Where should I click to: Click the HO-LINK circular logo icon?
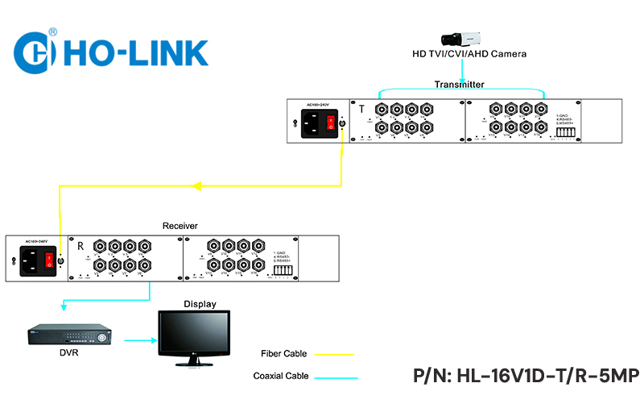(x=35, y=51)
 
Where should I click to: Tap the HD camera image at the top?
(x=461, y=38)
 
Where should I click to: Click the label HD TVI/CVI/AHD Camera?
(x=469, y=54)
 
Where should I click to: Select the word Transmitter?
(x=460, y=84)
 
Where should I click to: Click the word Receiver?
(x=180, y=226)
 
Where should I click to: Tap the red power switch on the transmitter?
(x=330, y=122)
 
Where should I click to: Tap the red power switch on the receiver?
(x=49, y=260)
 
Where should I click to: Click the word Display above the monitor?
(x=200, y=304)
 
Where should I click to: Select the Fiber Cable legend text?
(x=283, y=353)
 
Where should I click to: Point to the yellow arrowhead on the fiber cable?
(x=197, y=185)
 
